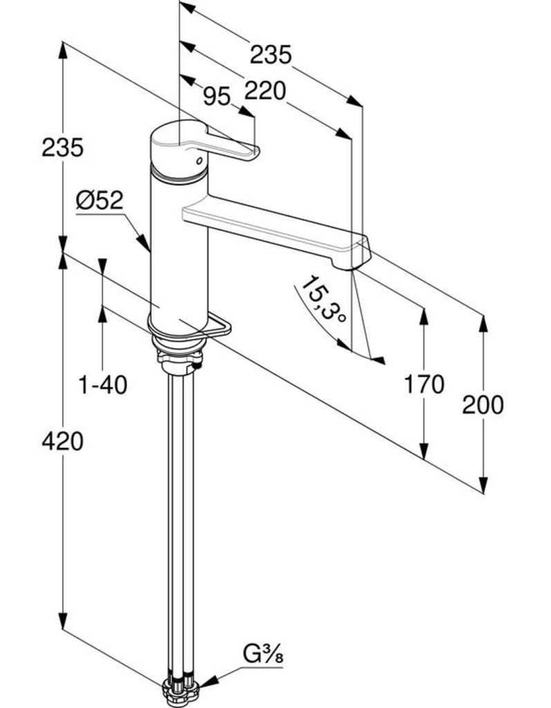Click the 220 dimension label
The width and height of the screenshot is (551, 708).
pyautogui.click(x=265, y=90)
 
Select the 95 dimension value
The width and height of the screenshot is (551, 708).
pyautogui.click(x=216, y=97)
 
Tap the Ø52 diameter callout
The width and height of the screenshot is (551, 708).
pyautogui.click(x=100, y=201)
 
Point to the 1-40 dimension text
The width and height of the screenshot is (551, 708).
pyautogui.click(x=103, y=384)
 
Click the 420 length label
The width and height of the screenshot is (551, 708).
pyautogui.click(x=62, y=440)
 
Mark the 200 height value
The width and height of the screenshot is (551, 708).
pyautogui.click(x=483, y=405)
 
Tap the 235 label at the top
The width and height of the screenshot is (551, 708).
pyautogui.click(x=270, y=54)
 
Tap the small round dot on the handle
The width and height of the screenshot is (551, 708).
pyautogui.click(x=200, y=160)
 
